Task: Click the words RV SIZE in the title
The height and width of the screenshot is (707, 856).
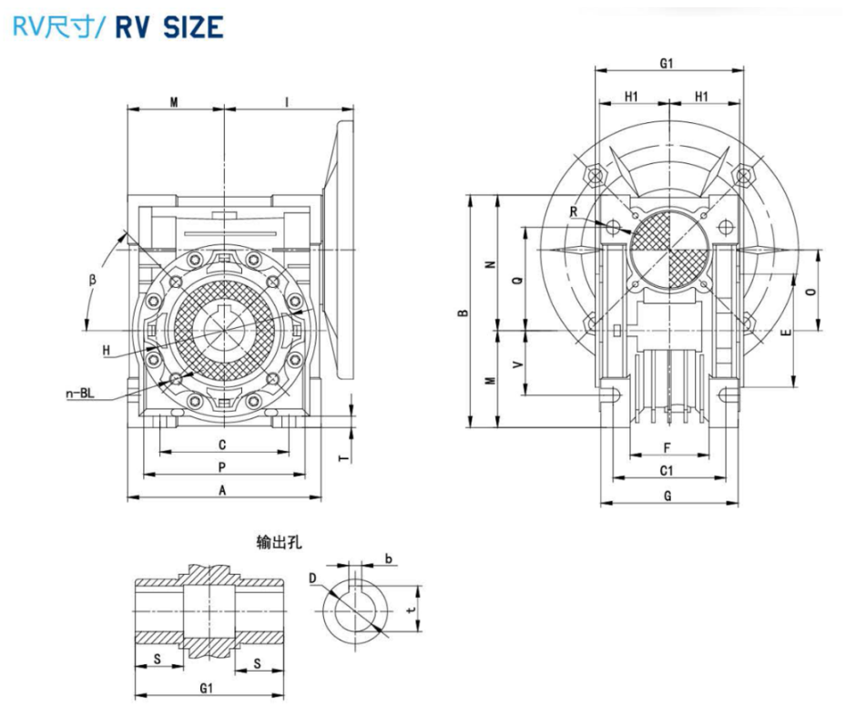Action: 168,26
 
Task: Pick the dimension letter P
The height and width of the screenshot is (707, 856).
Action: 223,466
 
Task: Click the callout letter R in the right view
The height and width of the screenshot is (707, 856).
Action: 573,211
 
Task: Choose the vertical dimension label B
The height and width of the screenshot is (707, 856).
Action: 464,313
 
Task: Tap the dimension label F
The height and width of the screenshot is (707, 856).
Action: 667,447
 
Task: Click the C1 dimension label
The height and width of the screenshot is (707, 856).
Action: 667,470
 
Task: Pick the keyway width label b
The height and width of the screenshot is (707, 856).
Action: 389,558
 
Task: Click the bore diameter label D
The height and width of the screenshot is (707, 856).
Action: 312,579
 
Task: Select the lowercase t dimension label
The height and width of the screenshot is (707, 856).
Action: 412,610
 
